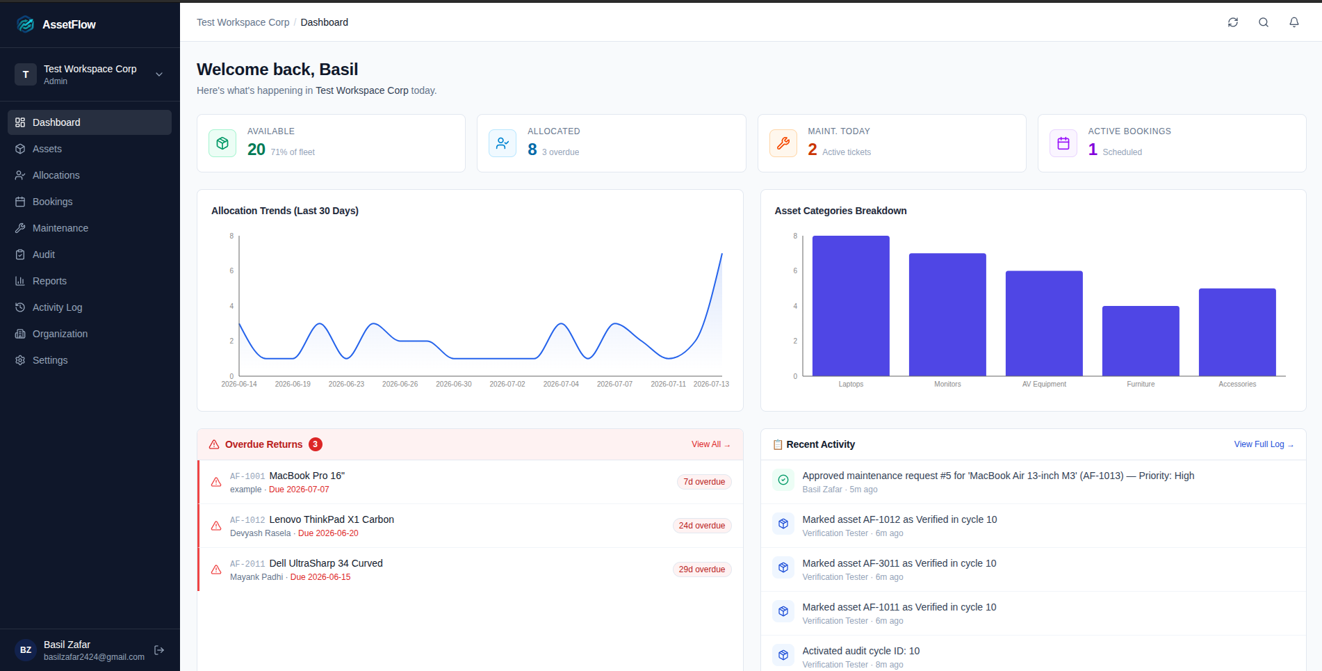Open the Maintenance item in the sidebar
(x=60, y=228)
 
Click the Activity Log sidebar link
(x=57, y=307)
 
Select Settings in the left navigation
(x=50, y=360)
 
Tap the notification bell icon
(x=1294, y=22)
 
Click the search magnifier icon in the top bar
(x=1264, y=22)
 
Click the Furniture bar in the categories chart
(x=1141, y=341)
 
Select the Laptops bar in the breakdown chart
(x=851, y=306)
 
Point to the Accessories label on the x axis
(x=1237, y=384)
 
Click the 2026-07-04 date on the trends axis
(x=561, y=384)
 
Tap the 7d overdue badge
(x=704, y=482)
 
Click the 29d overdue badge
(x=702, y=569)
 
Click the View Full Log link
(x=1264, y=444)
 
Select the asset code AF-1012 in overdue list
(x=247, y=520)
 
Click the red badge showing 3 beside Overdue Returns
(x=316, y=444)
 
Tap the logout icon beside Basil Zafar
(x=159, y=650)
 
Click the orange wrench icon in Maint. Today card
(x=783, y=143)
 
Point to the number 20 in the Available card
(x=256, y=149)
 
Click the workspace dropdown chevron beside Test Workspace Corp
(x=159, y=74)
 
